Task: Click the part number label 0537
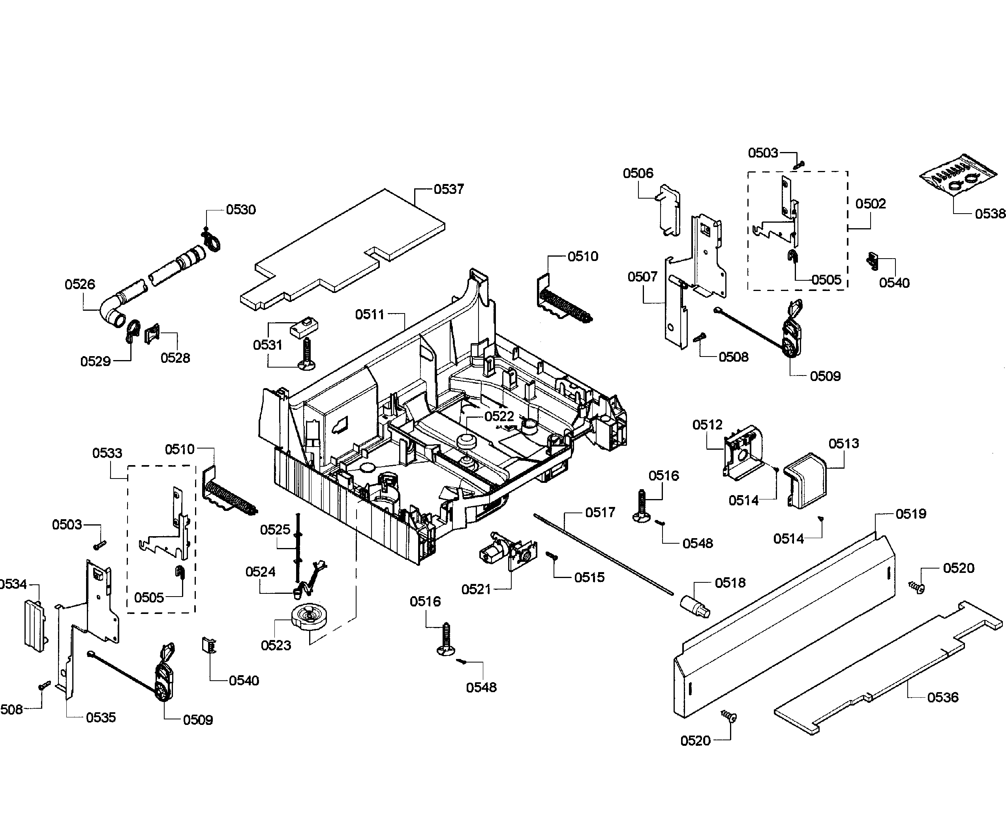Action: [x=449, y=189]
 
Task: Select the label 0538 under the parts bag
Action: [x=989, y=214]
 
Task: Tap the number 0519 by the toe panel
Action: [x=911, y=514]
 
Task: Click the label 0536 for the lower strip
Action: [x=942, y=697]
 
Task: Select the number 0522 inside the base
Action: [x=499, y=417]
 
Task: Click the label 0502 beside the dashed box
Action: [x=871, y=204]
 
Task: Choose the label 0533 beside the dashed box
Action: [x=107, y=453]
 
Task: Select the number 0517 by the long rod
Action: [x=600, y=513]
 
